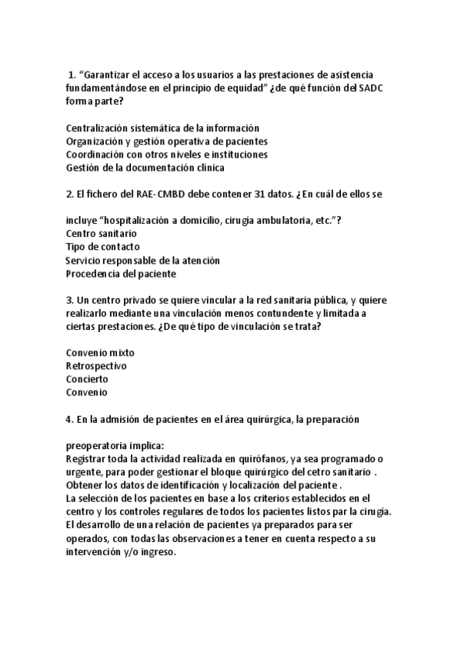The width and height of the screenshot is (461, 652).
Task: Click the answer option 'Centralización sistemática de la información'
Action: [162, 128]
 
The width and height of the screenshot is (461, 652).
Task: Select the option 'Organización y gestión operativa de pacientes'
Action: [166, 141]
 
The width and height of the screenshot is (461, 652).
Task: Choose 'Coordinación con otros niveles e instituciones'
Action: [166, 154]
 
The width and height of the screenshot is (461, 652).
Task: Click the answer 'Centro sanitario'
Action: [102, 234]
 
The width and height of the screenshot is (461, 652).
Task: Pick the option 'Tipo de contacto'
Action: [102, 247]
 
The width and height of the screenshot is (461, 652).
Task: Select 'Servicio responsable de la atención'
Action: [142, 261]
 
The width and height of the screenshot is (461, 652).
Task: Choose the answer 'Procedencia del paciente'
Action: [121, 274]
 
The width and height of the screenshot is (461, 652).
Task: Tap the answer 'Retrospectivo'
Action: [96, 366]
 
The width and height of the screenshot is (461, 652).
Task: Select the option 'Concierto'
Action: [87, 379]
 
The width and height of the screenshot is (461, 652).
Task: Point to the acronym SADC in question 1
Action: [373, 88]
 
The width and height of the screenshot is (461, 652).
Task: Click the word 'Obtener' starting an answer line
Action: [85, 486]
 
